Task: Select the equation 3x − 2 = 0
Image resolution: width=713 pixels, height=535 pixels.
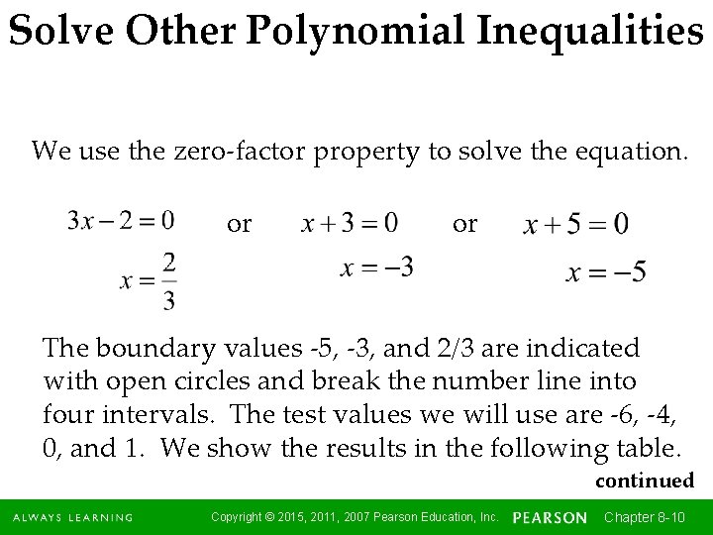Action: coord(122,219)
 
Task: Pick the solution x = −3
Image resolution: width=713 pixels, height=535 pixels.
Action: coord(376,267)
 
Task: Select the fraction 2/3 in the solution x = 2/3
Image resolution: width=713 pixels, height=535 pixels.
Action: coord(168,280)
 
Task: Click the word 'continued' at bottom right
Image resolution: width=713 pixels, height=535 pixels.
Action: coord(644,481)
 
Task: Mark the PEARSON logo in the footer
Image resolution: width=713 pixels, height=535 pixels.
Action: coord(551,517)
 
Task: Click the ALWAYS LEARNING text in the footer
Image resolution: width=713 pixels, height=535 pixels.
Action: coord(72,517)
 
